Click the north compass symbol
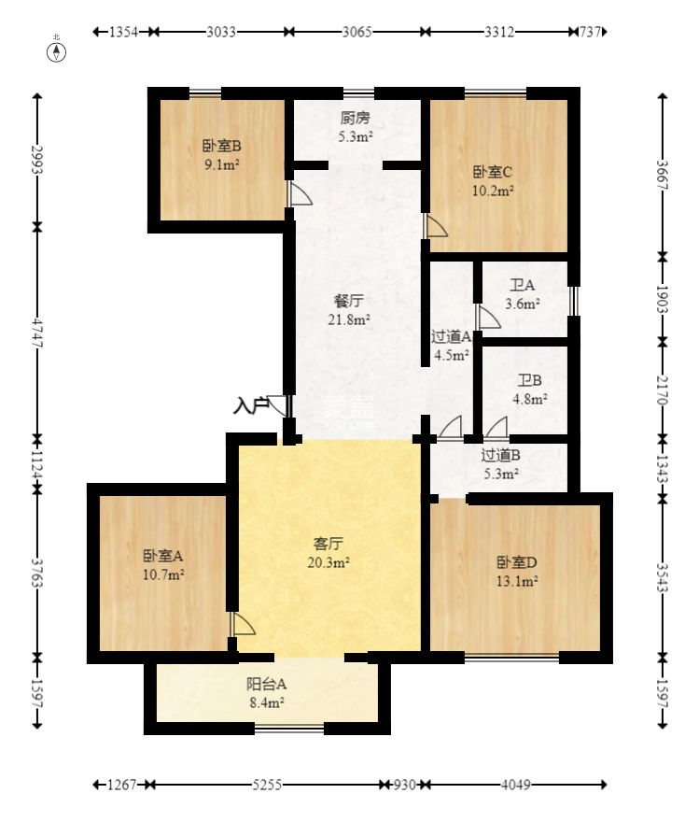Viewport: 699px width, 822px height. coord(57,51)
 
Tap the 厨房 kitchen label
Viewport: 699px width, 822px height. coord(355,118)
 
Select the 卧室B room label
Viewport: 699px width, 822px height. coord(222,146)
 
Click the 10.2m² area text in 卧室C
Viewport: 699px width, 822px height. coord(493,191)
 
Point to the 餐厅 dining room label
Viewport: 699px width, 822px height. coord(349,301)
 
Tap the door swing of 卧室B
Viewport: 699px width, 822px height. coord(300,193)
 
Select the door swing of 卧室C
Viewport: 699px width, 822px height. coord(436,225)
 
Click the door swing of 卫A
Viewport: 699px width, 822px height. coord(488,318)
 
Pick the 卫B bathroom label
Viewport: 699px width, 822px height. coord(529,380)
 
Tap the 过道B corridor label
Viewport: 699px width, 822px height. coord(500,455)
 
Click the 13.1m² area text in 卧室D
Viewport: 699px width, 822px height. coord(517,581)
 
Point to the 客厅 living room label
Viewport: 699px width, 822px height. coord(329,544)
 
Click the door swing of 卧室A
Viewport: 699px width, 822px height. coord(243,624)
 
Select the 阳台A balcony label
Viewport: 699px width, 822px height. coord(267,684)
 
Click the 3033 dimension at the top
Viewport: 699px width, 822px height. coord(221,32)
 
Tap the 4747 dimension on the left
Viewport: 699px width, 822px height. coord(36,333)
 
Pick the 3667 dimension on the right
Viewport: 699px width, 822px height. coord(663,175)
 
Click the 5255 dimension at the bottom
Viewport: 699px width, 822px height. coord(267,785)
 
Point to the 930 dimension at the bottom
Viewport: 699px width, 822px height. coord(404,785)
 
